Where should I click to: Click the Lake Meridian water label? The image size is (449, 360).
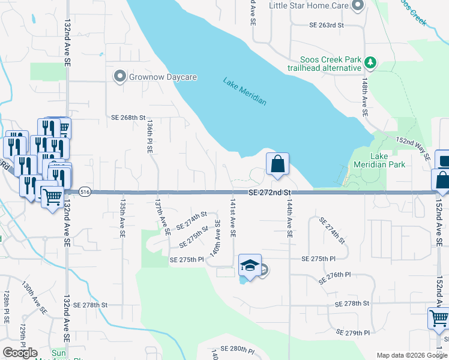pyautogui.click(x=244, y=91)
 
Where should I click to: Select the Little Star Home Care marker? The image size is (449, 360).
pyautogui.click(x=358, y=6)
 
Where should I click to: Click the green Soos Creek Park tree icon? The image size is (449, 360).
pyautogui.click(x=371, y=61)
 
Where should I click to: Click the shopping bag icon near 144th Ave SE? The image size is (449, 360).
pyautogui.click(x=278, y=164)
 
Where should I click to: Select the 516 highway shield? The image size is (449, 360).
pyautogui.click(x=84, y=192)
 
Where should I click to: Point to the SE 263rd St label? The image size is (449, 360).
pyautogui.click(x=327, y=25)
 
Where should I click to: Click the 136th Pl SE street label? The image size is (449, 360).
pyautogui.click(x=149, y=136)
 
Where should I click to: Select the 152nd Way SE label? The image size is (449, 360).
pyautogui.click(x=413, y=148)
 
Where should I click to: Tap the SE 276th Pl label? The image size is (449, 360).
pyautogui.click(x=331, y=274)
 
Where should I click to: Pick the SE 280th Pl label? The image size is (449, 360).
pyautogui.click(x=238, y=349)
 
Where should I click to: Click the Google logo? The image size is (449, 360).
pyautogui.click(x=20, y=352)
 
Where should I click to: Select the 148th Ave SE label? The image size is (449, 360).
pyautogui.click(x=364, y=97)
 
